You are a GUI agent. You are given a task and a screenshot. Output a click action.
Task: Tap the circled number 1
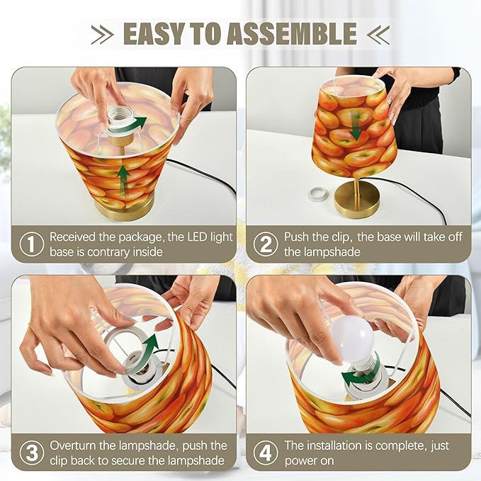click(32, 244)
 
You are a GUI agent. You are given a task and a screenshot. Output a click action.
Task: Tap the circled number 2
click(266, 244)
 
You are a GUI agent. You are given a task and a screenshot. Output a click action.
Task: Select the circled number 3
click(32, 453)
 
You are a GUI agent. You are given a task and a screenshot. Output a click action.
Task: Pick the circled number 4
click(266, 453)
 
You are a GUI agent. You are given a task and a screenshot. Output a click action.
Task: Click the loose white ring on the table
click(318, 193)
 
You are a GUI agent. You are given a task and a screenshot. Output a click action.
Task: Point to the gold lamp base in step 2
click(357, 199)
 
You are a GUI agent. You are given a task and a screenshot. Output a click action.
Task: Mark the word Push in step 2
click(295, 237)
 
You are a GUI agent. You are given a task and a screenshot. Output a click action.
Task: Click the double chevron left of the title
click(103, 34)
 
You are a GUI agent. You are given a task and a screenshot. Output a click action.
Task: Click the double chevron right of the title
click(378, 34)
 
